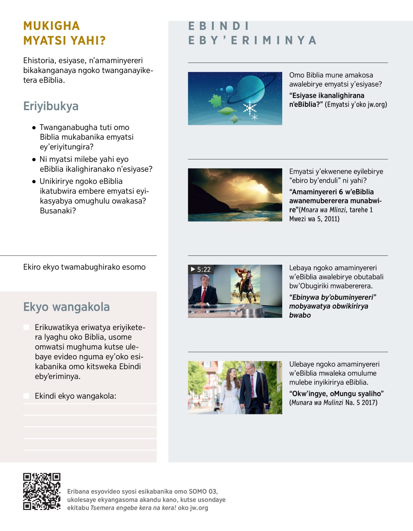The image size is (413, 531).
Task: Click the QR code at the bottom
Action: tap(42, 491)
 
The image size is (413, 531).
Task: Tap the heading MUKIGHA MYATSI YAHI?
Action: tap(64, 33)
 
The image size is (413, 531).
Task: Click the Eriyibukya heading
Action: tap(51, 106)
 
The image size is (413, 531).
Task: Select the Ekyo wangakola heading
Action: tap(66, 307)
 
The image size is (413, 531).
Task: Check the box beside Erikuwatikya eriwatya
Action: tap(27, 327)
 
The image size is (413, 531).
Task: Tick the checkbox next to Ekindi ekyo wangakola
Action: tap(27, 396)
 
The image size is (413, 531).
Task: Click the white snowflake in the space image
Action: tap(249, 107)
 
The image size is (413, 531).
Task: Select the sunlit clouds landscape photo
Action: tap(235, 195)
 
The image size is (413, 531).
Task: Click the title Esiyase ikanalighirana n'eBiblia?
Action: tap(327, 100)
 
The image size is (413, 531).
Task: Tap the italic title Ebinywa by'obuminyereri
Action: tap(332, 297)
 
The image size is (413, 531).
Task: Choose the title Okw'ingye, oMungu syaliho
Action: tap(336, 393)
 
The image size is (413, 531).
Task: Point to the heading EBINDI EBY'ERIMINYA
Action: tap(252, 33)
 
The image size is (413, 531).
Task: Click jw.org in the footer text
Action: tap(199, 508)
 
